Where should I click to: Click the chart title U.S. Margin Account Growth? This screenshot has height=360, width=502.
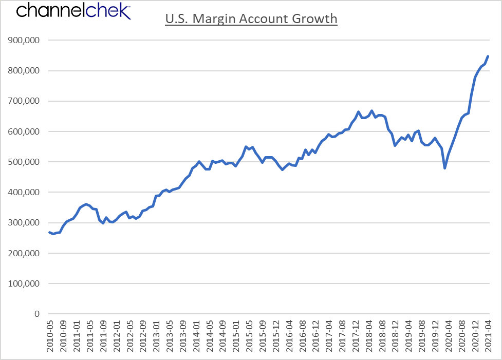251,18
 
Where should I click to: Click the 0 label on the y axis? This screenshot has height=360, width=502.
37,314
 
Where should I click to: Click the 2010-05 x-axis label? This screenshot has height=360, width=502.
50,336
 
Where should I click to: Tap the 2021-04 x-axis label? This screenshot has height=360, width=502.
488,336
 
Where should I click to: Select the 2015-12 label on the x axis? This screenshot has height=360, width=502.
276,336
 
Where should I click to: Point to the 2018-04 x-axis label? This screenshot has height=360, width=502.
369,336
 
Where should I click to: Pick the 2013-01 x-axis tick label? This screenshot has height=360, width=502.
157,336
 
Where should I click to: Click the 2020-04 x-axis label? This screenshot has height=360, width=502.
448,336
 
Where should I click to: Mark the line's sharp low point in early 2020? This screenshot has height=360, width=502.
444,168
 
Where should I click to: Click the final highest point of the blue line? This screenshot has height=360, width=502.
488,56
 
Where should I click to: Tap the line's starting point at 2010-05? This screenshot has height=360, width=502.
49,232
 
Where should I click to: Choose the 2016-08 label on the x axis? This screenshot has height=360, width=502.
303,336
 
